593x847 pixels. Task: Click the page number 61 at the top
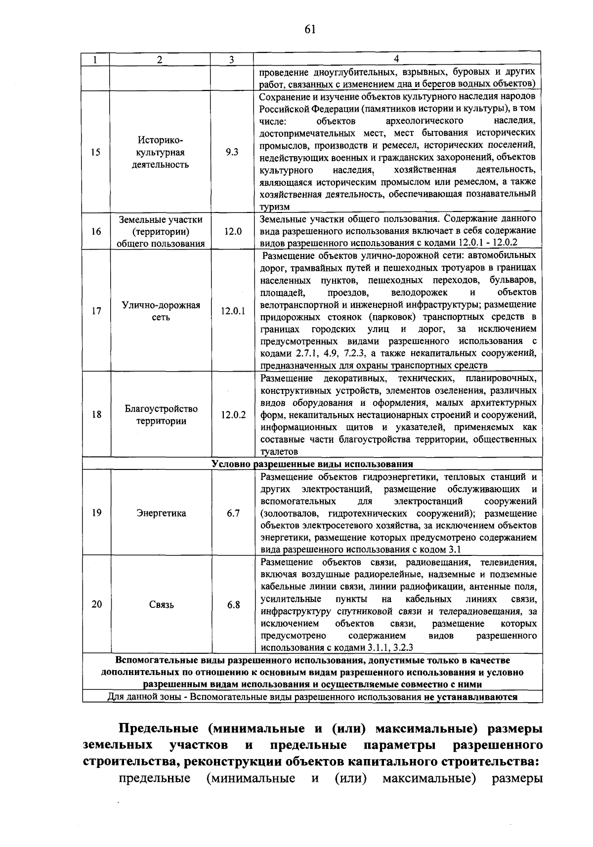pyautogui.click(x=310, y=30)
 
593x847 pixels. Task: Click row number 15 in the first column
pyautogui.click(x=96, y=152)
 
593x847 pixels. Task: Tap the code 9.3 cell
pyautogui.click(x=232, y=152)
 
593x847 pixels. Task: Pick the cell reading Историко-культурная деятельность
pyautogui.click(x=160, y=152)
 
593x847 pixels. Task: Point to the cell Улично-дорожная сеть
pyautogui.click(x=161, y=311)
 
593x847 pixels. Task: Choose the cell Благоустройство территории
pyautogui.click(x=161, y=415)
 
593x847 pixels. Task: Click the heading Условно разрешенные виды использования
pyautogui.click(x=312, y=464)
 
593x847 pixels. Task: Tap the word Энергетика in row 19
pyautogui.click(x=161, y=513)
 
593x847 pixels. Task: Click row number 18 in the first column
pyautogui.click(x=96, y=415)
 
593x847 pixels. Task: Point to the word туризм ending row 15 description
pyautogui.click(x=275, y=207)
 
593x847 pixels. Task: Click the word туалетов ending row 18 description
pyautogui.click(x=279, y=452)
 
